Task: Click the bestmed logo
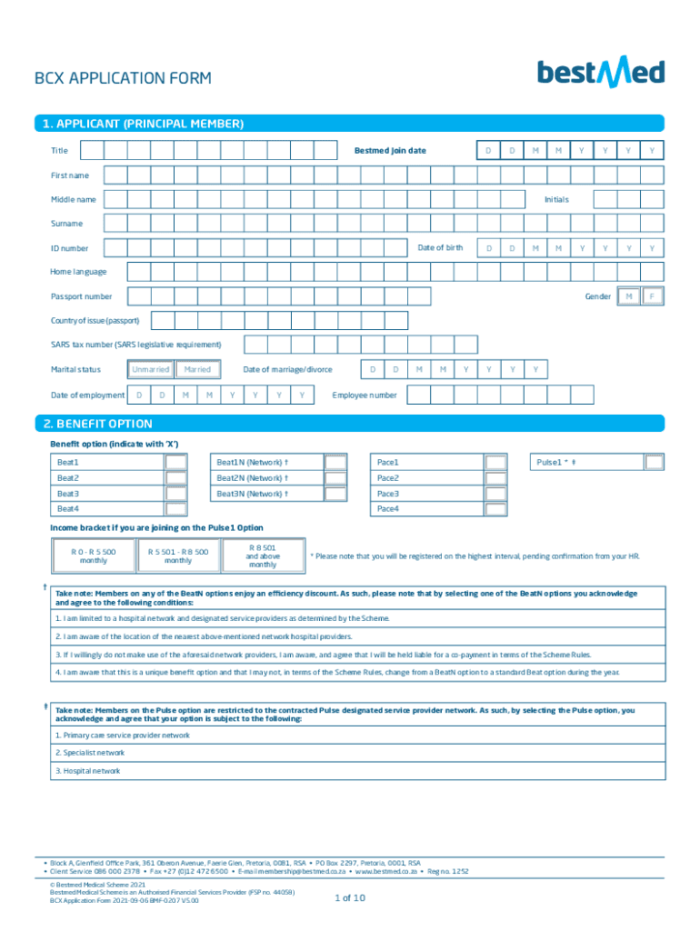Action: pos(600,73)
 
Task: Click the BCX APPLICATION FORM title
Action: pos(123,78)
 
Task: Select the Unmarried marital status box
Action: pos(150,369)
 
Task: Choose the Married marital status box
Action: pos(197,369)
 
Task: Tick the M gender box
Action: pos(628,296)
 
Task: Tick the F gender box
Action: pos(652,296)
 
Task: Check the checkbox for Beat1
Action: pos(175,463)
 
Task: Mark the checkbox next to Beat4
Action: pos(175,509)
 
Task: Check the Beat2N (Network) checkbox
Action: pos(335,478)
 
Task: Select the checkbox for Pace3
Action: pos(495,494)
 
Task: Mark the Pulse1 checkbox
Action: pos(654,463)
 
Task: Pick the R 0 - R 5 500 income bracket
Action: pos(94,556)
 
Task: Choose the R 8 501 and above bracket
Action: pos(263,556)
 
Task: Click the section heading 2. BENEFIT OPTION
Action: pos(94,424)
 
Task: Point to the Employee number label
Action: pos(365,395)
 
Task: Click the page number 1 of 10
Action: pos(350,897)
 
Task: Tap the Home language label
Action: pos(78,272)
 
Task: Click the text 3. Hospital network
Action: pos(88,771)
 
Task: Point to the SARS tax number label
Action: pos(135,345)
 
